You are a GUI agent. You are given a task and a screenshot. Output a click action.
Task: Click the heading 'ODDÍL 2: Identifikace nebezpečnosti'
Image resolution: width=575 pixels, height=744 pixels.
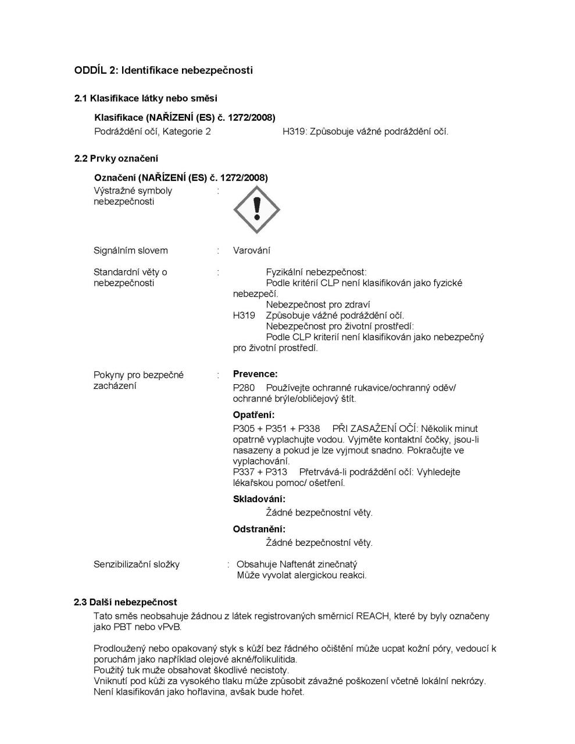[163, 70]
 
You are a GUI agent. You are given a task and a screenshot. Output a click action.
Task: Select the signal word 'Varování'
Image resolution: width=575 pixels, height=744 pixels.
[251, 251]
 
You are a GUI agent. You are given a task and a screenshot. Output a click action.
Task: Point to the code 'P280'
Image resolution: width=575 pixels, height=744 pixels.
[244, 388]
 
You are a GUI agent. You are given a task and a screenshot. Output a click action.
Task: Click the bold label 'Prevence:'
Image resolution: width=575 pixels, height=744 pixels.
[255, 374]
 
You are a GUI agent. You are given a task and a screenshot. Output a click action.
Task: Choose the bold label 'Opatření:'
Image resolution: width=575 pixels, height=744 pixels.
[253, 415]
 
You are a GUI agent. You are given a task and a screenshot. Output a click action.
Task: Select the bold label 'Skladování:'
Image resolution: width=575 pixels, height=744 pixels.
[259, 499]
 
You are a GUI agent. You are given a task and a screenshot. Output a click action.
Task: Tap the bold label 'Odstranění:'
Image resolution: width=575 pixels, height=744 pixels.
[259, 529]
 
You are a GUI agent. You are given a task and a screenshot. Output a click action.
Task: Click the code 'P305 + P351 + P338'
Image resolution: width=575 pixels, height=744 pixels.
[276, 429]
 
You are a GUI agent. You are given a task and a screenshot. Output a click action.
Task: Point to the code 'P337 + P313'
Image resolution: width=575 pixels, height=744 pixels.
[260, 472]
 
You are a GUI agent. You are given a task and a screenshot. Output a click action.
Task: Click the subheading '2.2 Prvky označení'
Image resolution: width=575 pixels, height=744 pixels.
[116, 159]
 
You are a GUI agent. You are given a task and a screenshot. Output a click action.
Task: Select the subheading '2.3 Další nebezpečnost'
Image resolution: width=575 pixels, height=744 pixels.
[126, 602]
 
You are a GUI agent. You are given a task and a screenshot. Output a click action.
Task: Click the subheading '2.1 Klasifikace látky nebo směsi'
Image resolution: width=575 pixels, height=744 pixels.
[146, 98]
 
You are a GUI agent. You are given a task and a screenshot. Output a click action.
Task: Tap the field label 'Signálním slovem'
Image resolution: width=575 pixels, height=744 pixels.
[131, 251]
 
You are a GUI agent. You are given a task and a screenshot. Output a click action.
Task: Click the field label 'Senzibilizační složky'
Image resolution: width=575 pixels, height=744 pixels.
[137, 564]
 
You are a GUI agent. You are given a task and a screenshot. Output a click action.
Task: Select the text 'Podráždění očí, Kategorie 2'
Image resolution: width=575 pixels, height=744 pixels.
[152, 131]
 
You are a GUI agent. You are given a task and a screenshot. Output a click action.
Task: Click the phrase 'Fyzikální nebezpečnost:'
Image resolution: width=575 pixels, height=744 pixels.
[316, 272]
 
